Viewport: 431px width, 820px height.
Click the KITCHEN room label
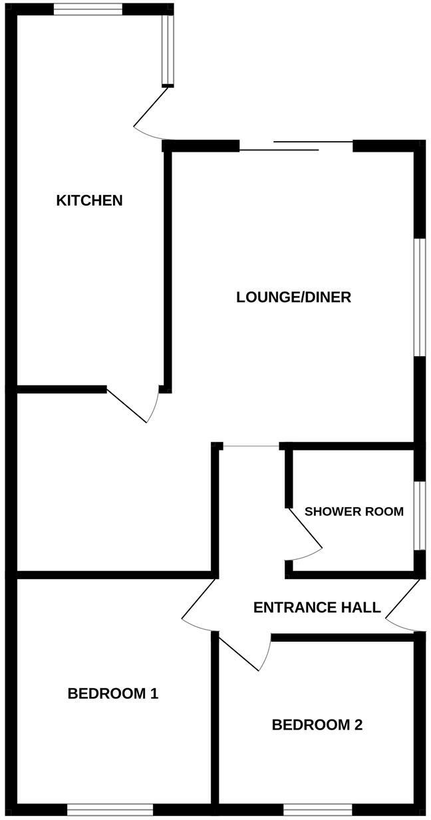click(x=89, y=200)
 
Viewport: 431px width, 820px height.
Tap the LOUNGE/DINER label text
click(x=293, y=298)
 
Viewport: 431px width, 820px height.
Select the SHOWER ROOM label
click(x=354, y=512)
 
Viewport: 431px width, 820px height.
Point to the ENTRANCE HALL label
click(x=317, y=608)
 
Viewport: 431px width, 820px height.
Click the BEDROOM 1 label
click(x=112, y=694)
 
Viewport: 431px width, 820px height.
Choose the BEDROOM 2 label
click(x=317, y=725)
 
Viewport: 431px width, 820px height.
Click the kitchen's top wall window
click(x=88, y=9)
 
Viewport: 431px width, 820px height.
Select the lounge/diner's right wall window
click(x=420, y=297)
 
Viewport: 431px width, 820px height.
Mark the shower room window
click(x=420, y=516)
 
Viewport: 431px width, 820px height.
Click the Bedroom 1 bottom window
click(x=110, y=809)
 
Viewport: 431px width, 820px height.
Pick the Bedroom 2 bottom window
click(x=317, y=809)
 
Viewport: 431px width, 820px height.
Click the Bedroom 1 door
click(x=198, y=604)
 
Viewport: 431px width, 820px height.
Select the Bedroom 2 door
click(x=243, y=652)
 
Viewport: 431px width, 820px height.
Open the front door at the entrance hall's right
click(x=403, y=606)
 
